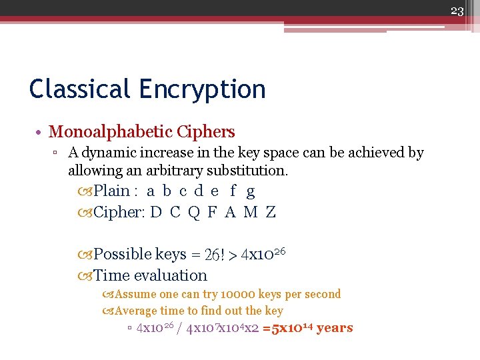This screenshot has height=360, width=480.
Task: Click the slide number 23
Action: point(457,10)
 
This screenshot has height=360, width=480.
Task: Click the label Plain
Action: point(111,191)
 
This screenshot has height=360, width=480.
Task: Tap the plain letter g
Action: point(250,192)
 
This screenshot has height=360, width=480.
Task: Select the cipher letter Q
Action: point(194,213)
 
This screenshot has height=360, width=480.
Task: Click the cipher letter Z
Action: point(270,213)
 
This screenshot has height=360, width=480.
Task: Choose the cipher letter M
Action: point(250,213)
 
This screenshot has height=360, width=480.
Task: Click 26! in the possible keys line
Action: point(215,255)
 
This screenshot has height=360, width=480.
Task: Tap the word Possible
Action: point(122,254)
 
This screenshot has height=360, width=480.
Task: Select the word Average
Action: point(136,311)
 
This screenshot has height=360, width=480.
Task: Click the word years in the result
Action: point(335,327)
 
